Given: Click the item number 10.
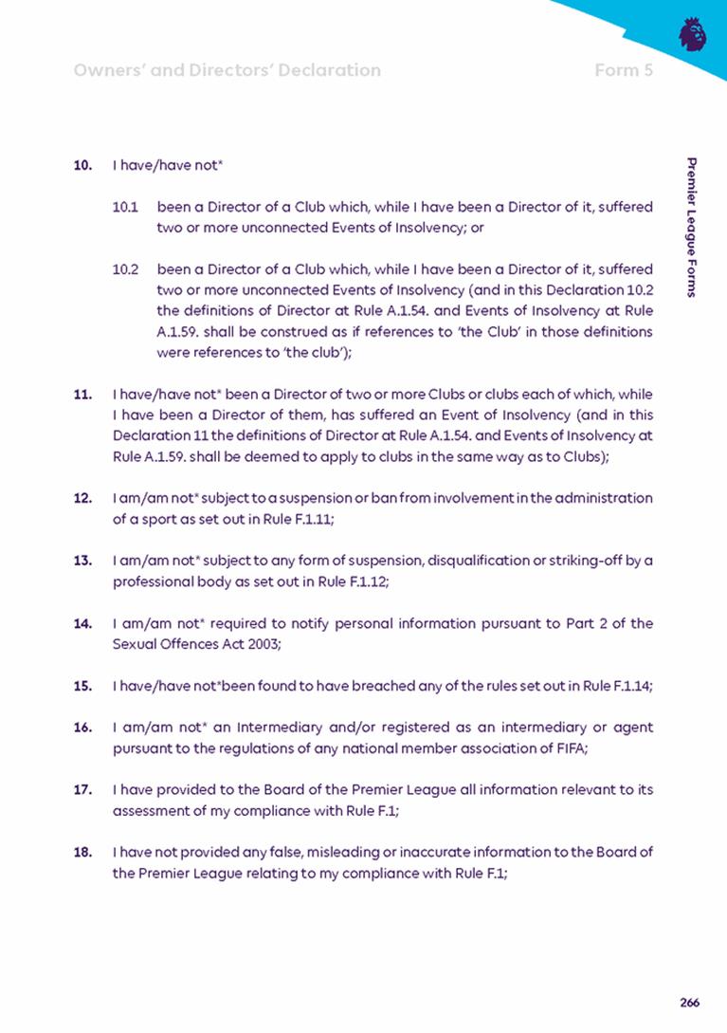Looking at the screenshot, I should [82, 165].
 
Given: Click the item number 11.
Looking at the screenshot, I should [82, 393].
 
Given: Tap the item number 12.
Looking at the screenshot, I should [82, 497].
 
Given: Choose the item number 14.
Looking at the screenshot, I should [82, 623].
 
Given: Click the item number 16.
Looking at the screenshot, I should [82, 727].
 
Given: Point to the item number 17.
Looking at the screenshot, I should [82, 789].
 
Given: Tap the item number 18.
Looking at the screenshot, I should [82, 852].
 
